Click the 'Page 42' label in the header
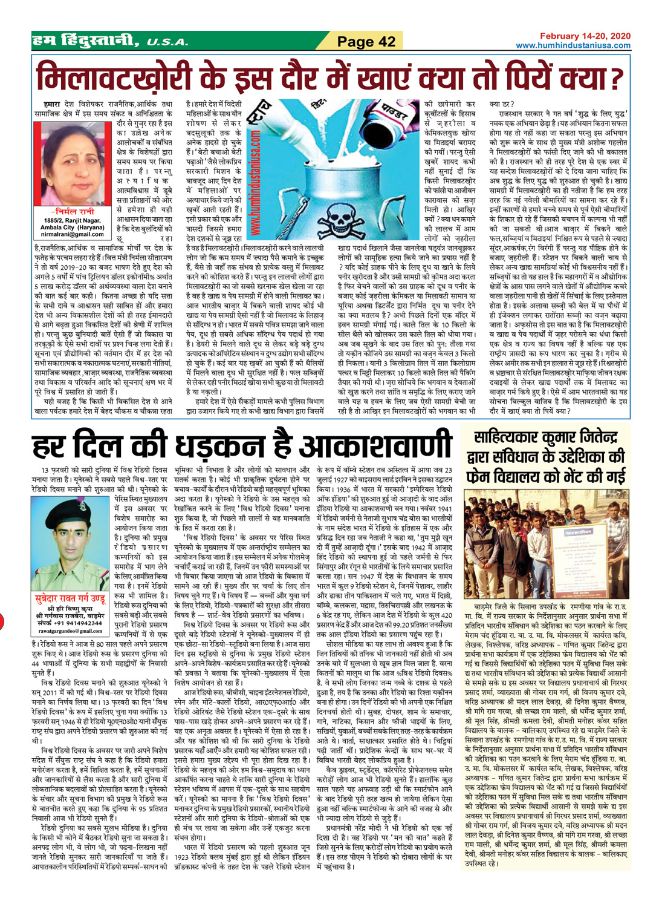[366, 41]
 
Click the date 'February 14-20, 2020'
[585, 36]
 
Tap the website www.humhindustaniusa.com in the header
[573, 45]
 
